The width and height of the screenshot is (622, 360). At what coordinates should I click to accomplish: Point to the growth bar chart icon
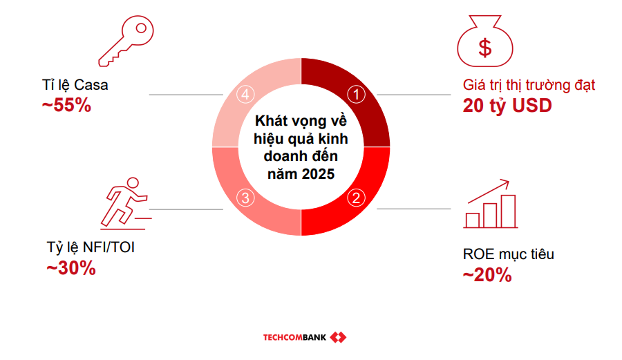tap(491, 205)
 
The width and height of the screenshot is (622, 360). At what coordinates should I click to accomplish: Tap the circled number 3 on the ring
tap(246, 198)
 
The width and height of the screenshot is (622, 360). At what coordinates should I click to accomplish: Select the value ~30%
tap(70, 268)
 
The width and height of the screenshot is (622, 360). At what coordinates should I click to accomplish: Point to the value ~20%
tap(487, 275)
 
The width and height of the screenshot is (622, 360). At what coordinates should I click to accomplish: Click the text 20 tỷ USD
tap(507, 106)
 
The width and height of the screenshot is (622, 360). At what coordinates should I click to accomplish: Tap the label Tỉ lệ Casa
tap(75, 86)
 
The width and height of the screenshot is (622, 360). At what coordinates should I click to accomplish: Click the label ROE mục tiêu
tap(509, 254)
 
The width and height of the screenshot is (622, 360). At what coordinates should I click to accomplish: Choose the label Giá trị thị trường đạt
tap(529, 86)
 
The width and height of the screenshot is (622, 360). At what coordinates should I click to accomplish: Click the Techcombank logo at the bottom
tap(304, 337)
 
